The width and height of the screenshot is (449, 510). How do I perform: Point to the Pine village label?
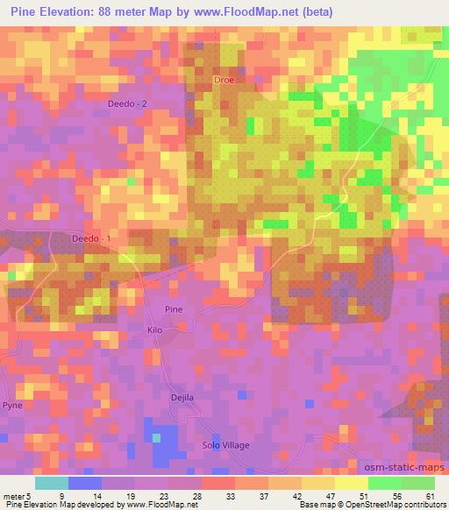175,309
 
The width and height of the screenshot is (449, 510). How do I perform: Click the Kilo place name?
155,330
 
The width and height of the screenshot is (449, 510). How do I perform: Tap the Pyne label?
13,407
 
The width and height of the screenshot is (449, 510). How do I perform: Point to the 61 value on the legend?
431,495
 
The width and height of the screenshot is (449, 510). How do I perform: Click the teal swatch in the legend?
52,483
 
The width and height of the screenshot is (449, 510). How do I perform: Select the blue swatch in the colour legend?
84,483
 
